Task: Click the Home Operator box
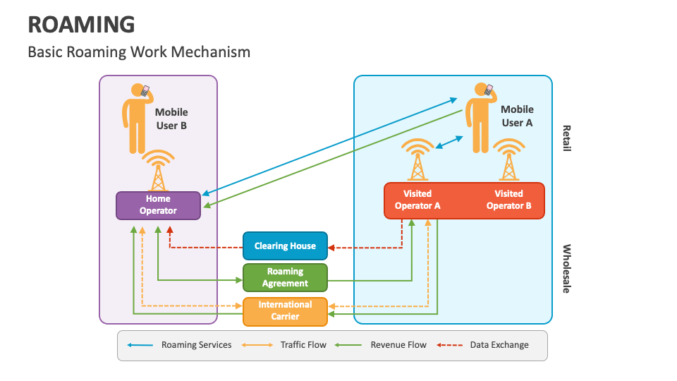point(158,205)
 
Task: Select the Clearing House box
point(285,246)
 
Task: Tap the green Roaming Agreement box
point(285,277)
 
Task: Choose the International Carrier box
point(285,310)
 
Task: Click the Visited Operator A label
point(417,200)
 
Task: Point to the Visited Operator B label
point(508,200)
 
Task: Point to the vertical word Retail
point(566,138)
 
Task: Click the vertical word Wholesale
point(566,269)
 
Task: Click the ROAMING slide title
point(81,24)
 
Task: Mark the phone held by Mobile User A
point(489,90)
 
